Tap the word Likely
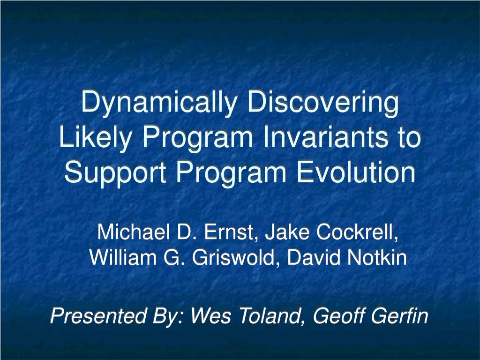[95, 137]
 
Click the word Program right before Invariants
[197, 138]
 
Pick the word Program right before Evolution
[231, 173]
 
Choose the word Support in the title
[115, 173]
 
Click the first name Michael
[134, 232]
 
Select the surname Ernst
[229, 232]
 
